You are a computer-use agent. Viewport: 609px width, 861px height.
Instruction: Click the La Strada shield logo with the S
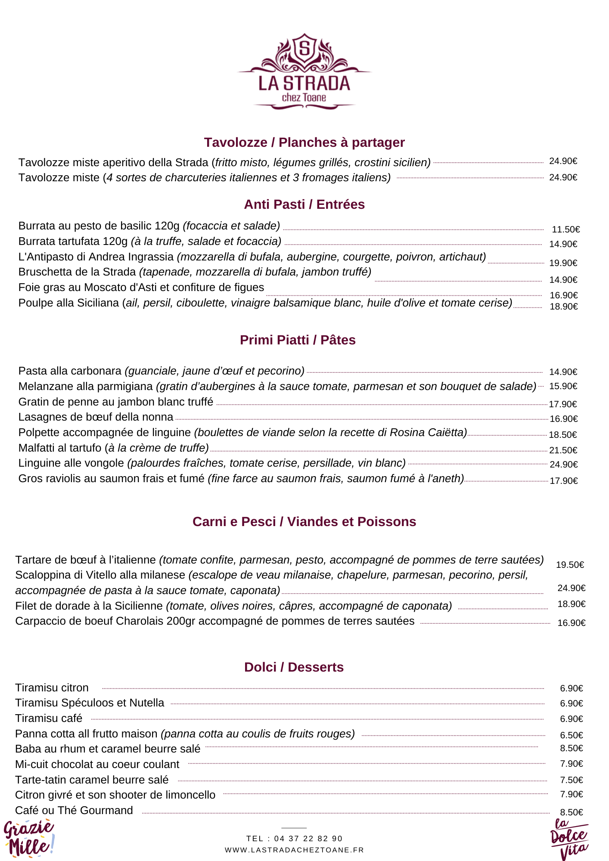[304, 49]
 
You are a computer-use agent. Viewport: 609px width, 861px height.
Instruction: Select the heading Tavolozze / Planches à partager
[304, 142]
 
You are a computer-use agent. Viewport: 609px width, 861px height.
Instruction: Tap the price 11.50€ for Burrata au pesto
[565, 229]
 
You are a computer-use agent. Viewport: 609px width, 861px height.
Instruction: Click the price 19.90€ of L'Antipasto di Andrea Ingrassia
[563, 263]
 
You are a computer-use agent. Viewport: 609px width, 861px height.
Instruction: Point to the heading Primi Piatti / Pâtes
[298, 340]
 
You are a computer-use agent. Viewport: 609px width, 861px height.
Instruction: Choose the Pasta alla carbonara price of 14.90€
[563, 372]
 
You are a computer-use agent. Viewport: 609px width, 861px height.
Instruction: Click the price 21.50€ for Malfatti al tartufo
[563, 450]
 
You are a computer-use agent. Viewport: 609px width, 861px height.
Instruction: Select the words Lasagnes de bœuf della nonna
[96, 417]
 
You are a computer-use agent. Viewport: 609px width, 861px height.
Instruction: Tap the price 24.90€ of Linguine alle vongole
[563, 465]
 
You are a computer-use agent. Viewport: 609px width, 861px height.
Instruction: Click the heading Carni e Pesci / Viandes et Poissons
[304, 522]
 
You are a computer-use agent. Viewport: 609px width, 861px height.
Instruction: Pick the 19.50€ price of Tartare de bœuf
[570, 565]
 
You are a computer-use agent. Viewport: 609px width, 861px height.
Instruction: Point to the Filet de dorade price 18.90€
[571, 604]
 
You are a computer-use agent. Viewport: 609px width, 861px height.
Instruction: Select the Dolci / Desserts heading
[294, 667]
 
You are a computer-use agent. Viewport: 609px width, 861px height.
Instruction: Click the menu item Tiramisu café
[49, 719]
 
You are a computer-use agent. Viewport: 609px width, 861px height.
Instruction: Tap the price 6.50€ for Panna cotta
[571, 735]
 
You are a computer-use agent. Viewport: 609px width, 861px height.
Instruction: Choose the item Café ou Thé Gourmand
[74, 811]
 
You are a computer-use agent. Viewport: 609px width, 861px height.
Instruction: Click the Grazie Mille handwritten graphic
[29, 838]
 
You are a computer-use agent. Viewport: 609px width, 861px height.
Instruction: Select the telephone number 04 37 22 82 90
[308, 839]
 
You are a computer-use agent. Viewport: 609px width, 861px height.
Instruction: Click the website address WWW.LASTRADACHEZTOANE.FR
[294, 850]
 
